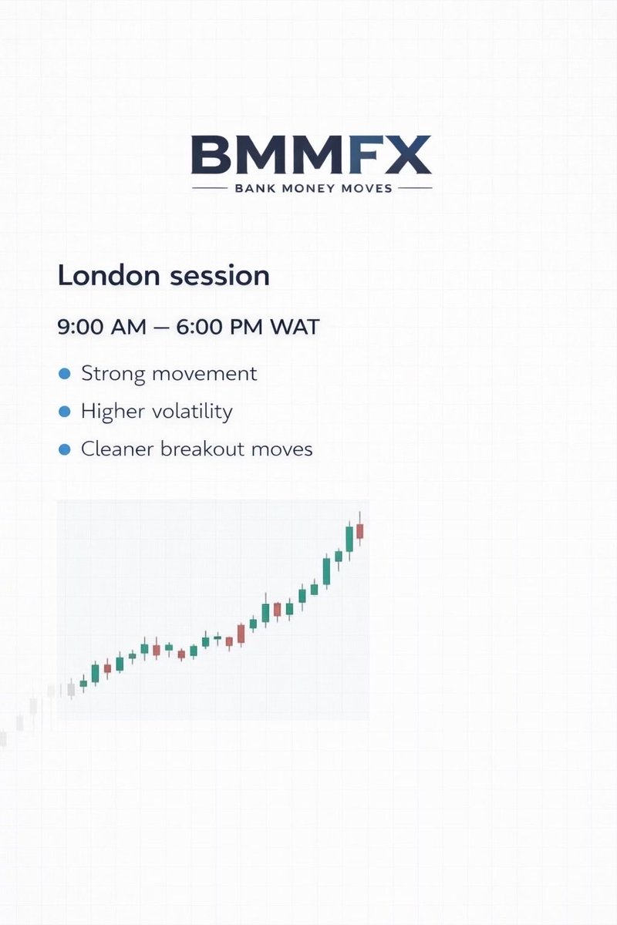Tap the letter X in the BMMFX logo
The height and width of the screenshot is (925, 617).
(x=409, y=155)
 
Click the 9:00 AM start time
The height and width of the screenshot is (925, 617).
(x=102, y=326)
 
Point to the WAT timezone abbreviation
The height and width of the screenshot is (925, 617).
(x=294, y=326)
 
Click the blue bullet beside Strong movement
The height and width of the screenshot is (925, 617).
(x=65, y=375)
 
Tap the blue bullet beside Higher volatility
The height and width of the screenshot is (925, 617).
(x=65, y=412)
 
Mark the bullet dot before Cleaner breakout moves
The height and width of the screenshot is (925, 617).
(x=65, y=449)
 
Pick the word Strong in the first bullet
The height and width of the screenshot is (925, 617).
(x=113, y=374)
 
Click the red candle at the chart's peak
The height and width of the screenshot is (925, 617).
(x=359, y=531)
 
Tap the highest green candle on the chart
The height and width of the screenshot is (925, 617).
(x=349, y=538)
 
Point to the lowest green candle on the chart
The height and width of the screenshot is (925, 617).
(x=83, y=683)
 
